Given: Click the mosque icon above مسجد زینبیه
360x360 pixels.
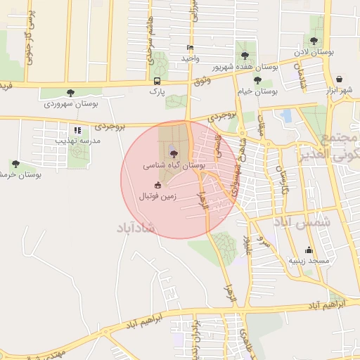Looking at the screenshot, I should [308, 250].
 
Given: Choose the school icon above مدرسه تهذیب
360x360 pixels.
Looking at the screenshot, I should [77, 130].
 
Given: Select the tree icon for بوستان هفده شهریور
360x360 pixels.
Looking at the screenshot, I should [245, 54].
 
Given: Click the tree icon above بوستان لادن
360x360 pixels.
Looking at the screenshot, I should [313, 41].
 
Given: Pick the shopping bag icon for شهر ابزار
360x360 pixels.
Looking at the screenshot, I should [340, 79].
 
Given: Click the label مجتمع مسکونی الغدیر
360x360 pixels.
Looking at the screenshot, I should [342, 146].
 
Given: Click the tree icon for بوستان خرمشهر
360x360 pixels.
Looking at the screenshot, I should [15, 164].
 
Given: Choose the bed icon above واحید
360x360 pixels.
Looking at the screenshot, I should [189, 48].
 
